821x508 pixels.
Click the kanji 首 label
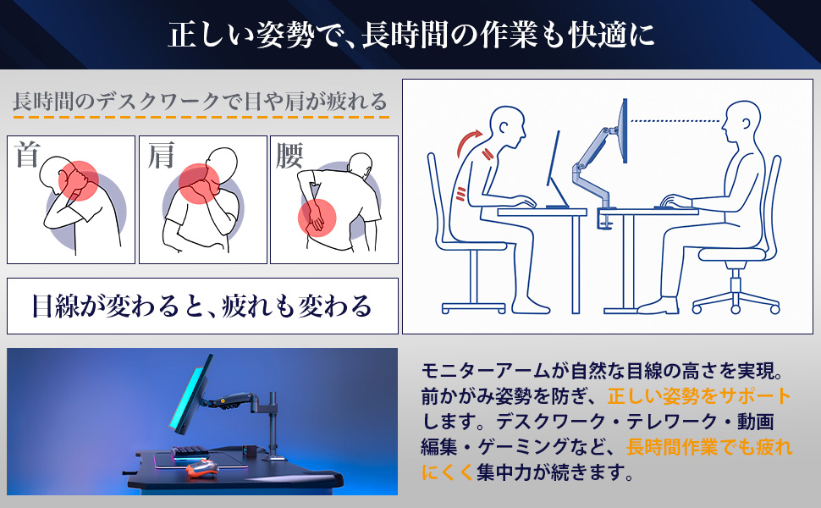pos(28,155)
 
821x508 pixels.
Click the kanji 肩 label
pos(160,155)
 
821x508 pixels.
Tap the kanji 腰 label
pos(289,155)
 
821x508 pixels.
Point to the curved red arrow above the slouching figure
pos(470,142)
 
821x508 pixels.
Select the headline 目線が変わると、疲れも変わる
pos(202,306)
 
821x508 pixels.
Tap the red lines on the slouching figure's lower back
pos(460,194)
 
